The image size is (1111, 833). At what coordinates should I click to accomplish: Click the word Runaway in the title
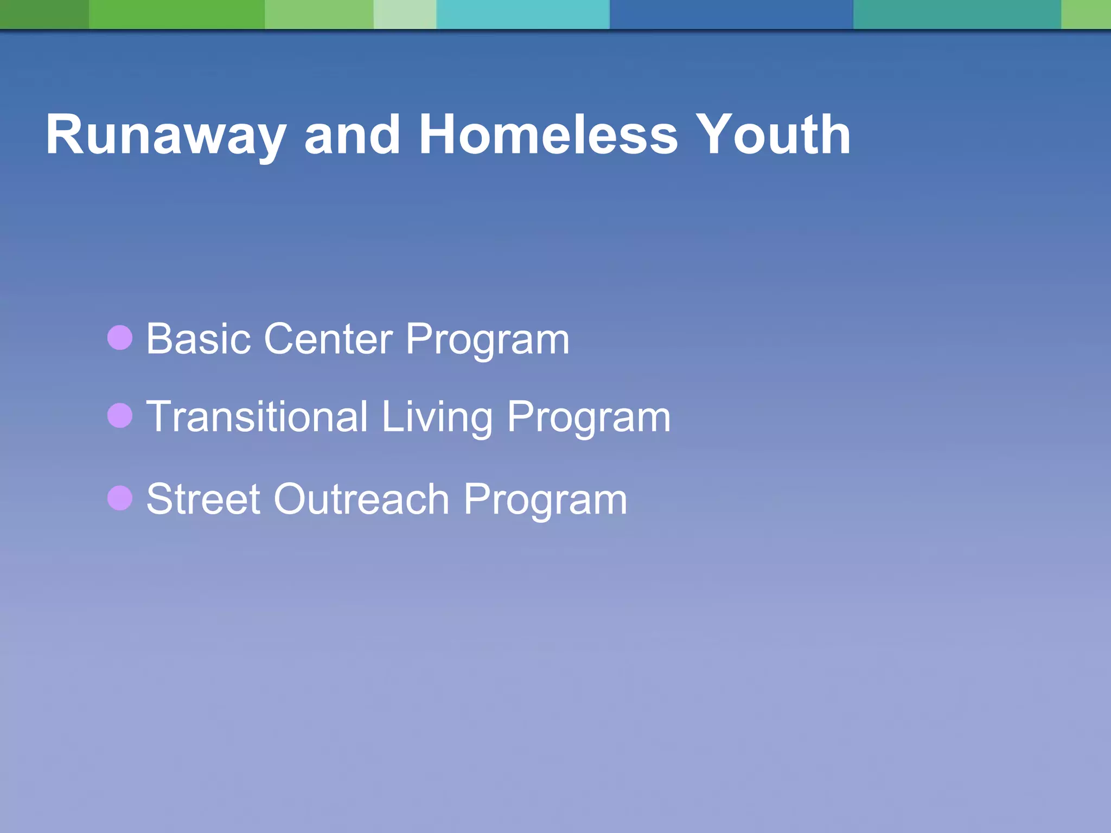point(165,136)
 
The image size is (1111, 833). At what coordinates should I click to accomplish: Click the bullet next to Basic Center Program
point(120,338)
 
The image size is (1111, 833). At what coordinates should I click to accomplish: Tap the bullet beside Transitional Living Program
point(120,416)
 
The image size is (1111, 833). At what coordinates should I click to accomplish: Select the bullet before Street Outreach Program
point(120,498)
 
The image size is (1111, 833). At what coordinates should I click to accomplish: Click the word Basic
point(199,339)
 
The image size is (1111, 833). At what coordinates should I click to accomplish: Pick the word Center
point(328,339)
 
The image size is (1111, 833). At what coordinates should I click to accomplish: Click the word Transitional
point(257,416)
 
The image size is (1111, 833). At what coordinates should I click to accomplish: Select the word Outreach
point(361,499)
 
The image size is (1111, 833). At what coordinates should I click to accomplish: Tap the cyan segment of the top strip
point(522,14)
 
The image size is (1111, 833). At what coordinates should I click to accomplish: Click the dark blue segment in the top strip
point(731,14)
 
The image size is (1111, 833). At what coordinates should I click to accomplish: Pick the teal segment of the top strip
point(956,14)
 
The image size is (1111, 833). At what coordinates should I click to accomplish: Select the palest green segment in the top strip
point(405,14)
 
